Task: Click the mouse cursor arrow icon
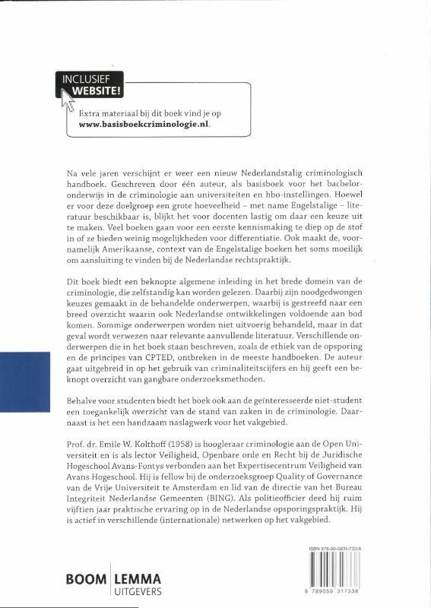66,97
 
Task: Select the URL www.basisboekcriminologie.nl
144,125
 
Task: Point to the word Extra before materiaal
91,112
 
